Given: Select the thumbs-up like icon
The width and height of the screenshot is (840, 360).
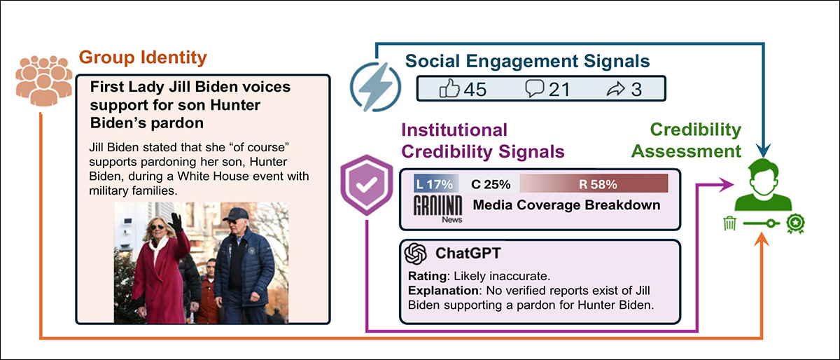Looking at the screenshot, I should click(x=449, y=89).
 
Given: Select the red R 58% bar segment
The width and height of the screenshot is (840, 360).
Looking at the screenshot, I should click(x=594, y=185).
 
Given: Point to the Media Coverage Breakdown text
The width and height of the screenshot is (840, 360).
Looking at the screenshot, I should click(x=567, y=205).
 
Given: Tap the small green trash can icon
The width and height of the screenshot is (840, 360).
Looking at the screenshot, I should click(x=729, y=223).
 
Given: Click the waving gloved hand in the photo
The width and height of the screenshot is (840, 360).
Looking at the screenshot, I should click(x=176, y=223).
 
